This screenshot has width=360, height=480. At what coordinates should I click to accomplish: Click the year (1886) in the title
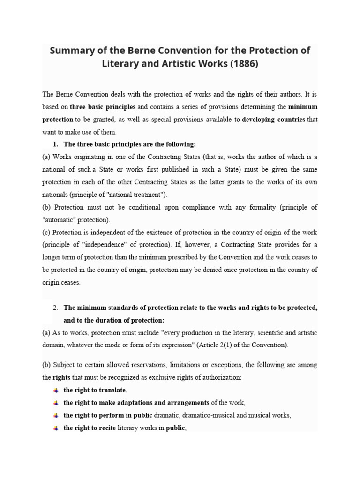242,64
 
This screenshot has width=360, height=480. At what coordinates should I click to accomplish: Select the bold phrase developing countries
274,120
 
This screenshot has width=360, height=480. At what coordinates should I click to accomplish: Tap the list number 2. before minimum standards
55,308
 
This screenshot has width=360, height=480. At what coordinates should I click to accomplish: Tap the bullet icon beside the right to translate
56,390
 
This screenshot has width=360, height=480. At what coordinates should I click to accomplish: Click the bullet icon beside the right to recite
56,427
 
